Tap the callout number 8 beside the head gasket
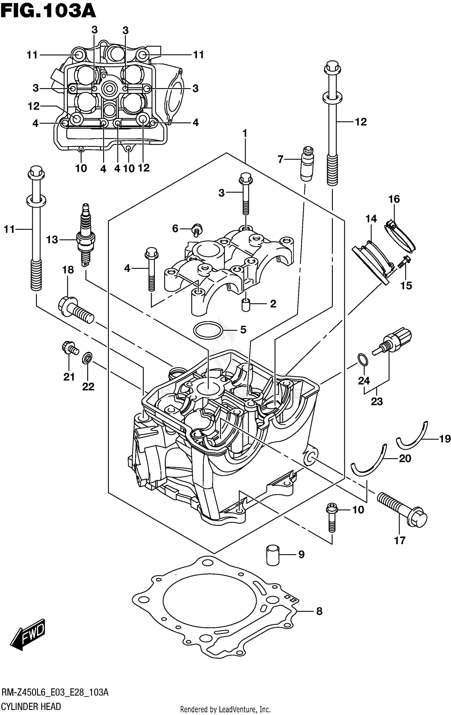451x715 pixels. [x=319, y=611]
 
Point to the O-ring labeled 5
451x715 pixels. [x=208, y=330]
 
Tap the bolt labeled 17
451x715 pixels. [x=401, y=507]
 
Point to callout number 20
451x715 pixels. [x=405, y=458]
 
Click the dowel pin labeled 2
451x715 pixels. [x=246, y=305]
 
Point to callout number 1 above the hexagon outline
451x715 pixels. [x=245, y=133]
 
